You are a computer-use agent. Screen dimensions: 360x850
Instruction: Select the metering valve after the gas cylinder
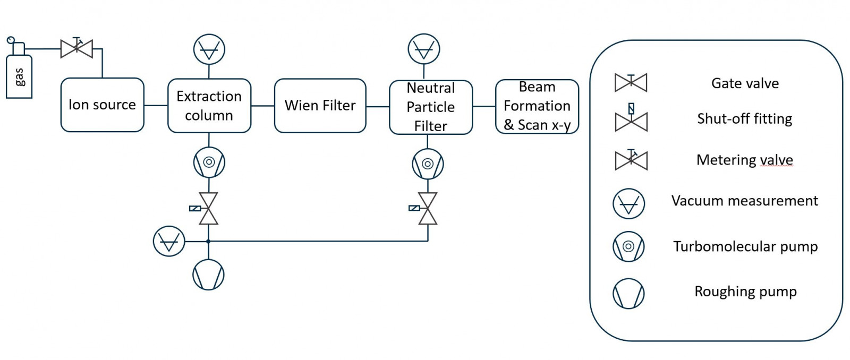pyautogui.click(x=76, y=49)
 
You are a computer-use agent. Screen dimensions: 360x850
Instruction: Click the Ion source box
pyautogui.click(x=103, y=105)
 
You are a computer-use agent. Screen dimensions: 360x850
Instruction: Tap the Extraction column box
pyautogui.click(x=209, y=105)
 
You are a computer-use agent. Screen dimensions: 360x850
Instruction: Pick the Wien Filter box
pyautogui.click(x=320, y=105)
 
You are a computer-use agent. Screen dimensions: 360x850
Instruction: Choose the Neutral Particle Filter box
pyautogui.click(x=430, y=107)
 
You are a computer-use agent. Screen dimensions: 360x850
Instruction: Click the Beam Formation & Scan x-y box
pyautogui.click(x=537, y=106)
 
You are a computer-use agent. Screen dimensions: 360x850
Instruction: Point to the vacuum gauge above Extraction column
pyautogui.click(x=209, y=50)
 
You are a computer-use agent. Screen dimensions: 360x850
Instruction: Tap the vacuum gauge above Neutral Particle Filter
pyautogui.click(x=423, y=49)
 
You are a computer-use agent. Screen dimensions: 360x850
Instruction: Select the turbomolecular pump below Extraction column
pyautogui.click(x=209, y=162)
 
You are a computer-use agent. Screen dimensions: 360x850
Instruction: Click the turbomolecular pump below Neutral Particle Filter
pyautogui.click(x=428, y=164)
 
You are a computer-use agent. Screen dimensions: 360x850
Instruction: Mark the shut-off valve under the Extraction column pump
pyautogui.click(x=208, y=209)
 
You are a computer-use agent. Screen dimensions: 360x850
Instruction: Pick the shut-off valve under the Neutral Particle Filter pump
pyautogui.click(x=427, y=209)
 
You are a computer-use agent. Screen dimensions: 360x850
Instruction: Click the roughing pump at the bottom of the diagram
pyautogui.click(x=208, y=275)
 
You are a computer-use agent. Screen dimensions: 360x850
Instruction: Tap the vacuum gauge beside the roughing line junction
pyautogui.click(x=169, y=242)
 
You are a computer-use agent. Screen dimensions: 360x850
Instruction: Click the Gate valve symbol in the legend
pyautogui.click(x=631, y=83)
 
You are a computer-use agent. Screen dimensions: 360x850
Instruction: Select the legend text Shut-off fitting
pyautogui.click(x=744, y=118)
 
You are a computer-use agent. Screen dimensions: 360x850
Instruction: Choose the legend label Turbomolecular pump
pyautogui.click(x=745, y=246)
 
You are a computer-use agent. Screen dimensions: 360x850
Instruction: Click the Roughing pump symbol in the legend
pyautogui.click(x=628, y=294)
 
